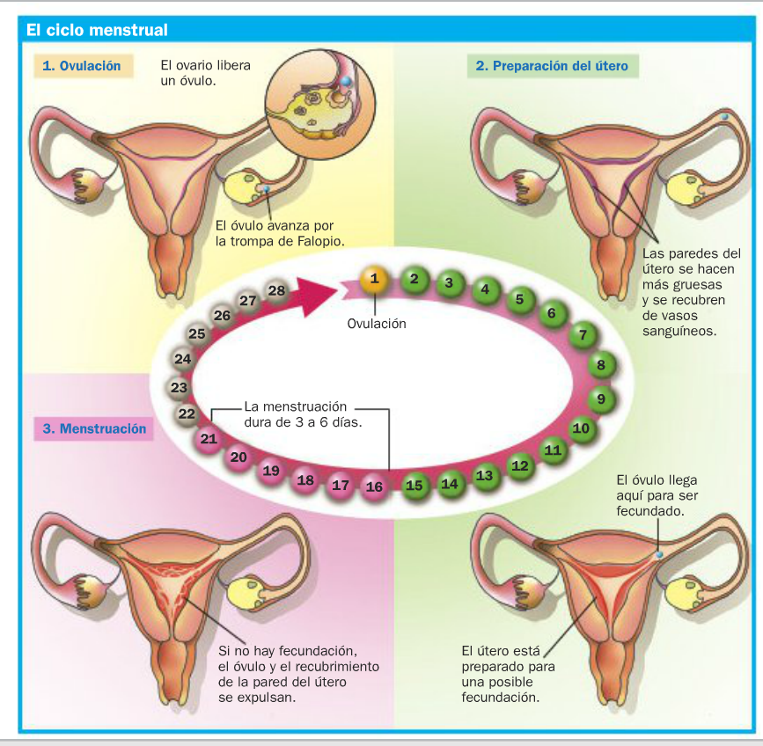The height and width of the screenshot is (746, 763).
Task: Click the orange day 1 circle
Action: (x=375, y=280)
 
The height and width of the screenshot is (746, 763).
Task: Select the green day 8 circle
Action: (x=601, y=364)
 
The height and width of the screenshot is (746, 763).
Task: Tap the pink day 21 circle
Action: (x=209, y=438)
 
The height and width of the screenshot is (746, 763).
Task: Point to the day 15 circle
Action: (x=415, y=485)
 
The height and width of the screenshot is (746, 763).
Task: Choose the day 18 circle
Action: (x=305, y=480)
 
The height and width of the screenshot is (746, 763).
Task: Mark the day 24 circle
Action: (x=183, y=359)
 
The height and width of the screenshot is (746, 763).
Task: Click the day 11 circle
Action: (x=553, y=450)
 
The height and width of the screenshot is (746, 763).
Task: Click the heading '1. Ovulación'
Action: (x=83, y=66)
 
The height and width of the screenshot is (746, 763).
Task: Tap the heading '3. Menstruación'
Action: (x=96, y=429)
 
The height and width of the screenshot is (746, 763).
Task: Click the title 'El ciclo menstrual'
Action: (x=97, y=30)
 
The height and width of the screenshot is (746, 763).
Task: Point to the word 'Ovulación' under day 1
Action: (x=377, y=323)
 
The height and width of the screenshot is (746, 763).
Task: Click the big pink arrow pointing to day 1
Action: (x=314, y=296)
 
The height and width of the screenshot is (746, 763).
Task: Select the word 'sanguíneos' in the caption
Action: (x=679, y=332)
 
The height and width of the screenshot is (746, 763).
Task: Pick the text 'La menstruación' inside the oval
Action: (x=295, y=406)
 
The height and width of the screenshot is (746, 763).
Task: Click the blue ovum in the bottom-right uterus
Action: (x=659, y=556)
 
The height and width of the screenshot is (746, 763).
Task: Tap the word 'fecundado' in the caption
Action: (x=651, y=510)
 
